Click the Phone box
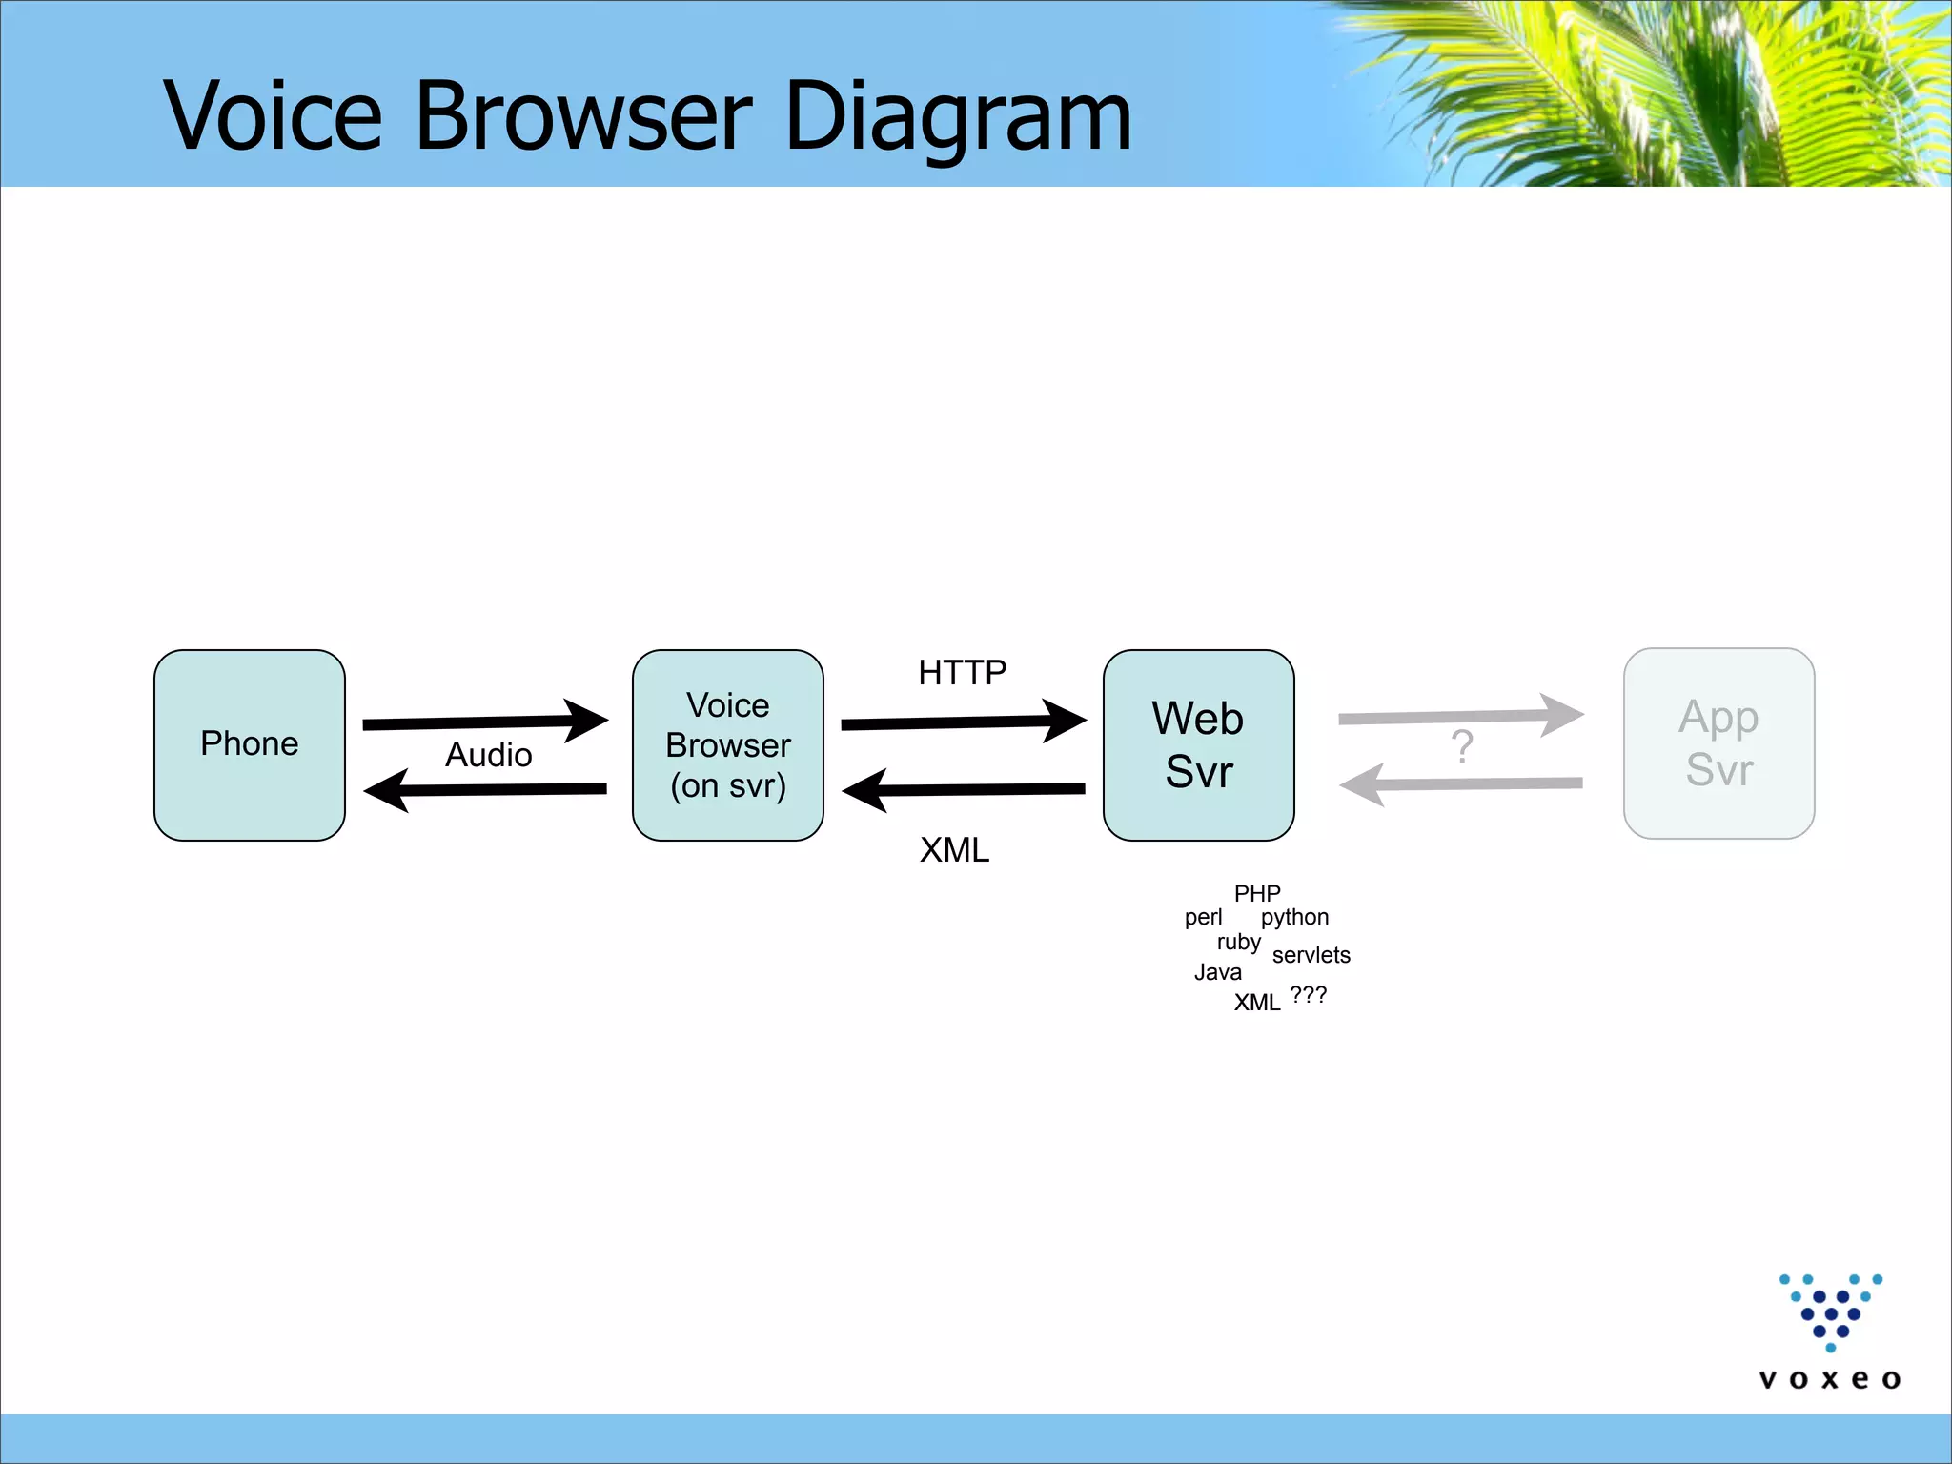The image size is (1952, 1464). [x=249, y=744]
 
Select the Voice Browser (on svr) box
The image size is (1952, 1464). [x=727, y=744]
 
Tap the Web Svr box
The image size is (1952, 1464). [x=1198, y=744]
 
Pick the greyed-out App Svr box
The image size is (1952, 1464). [x=1718, y=742]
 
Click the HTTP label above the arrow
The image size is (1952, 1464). [x=962, y=673]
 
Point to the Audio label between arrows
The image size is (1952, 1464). [x=488, y=755]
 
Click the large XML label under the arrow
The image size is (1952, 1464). [x=954, y=849]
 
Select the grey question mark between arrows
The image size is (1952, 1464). [x=1461, y=746]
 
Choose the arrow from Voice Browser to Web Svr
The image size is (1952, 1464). [x=963, y=722]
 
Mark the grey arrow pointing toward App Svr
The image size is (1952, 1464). [x=1460, y=716]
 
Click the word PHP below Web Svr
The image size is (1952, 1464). [x=1257, y=893]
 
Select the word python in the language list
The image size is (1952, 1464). [x=1294, y=917]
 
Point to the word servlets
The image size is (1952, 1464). [x=1311, y=955]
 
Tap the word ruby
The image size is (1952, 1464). [x=1238, y=943]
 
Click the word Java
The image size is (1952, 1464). [x=1217, y=972]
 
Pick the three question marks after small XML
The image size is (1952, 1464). [x=1308, y=995]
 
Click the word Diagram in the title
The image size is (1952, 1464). [x=958, y=116]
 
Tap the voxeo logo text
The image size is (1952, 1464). [x=1829, y=1379]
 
